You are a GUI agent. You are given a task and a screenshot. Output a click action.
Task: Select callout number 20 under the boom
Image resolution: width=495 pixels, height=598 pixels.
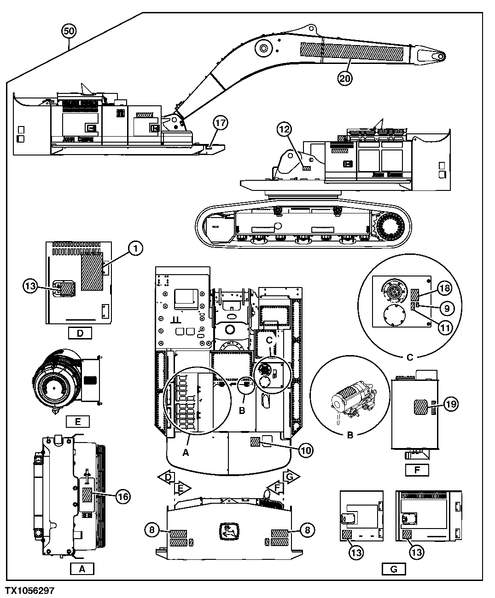345,78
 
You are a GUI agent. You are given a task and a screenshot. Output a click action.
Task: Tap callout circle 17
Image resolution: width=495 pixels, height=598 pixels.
221,123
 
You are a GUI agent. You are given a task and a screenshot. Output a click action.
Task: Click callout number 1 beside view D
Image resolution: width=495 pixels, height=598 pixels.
135,249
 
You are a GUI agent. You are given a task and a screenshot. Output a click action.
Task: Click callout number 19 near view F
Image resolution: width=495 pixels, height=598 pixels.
451,404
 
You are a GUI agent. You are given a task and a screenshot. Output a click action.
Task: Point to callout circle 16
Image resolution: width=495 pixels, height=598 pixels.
122,496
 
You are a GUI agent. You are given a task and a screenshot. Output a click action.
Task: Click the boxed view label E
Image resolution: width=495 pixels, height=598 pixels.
78,421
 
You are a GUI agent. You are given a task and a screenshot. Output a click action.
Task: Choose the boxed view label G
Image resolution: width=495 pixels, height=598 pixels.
394,569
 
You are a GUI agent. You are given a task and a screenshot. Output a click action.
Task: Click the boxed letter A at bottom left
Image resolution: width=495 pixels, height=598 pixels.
82,569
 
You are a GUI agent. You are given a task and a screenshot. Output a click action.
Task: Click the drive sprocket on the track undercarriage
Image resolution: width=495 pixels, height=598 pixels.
392,227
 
